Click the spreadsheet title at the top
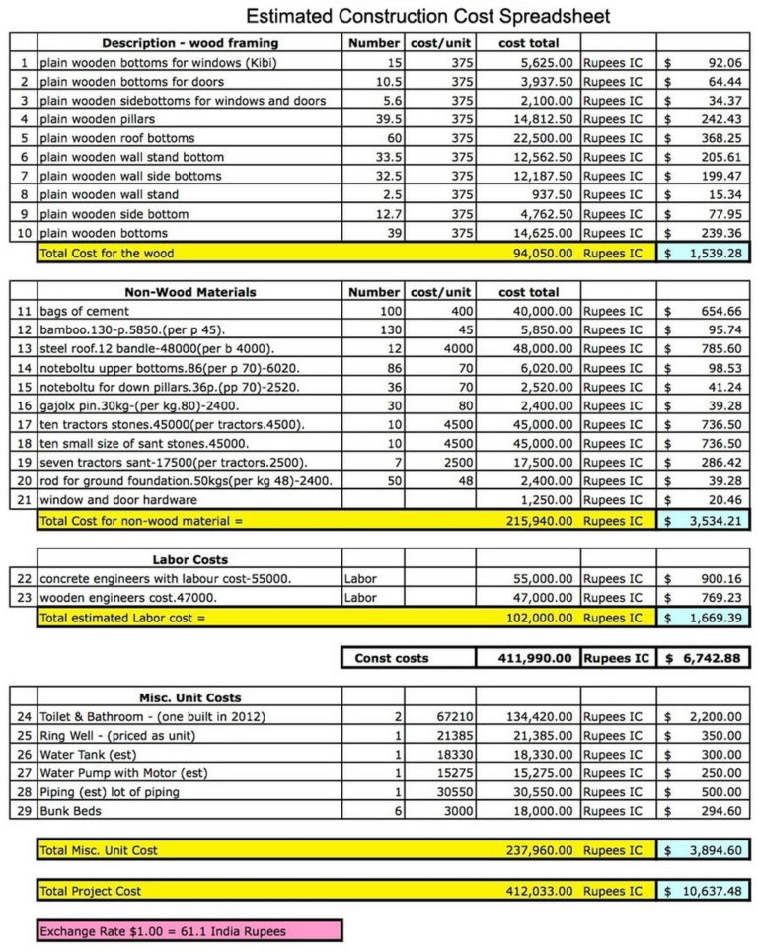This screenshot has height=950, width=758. (427, 16)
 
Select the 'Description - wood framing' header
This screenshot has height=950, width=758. (189, 43)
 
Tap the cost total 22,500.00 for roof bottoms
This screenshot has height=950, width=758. (536, 138)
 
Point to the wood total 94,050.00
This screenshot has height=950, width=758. (536, 254)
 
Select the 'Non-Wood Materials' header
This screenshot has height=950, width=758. (190, 292)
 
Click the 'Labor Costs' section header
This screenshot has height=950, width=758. (189, 559)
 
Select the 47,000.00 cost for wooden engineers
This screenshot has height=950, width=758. (536, 598)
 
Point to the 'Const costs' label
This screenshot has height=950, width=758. (392, 658)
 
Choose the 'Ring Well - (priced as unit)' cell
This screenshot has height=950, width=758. (117, 736)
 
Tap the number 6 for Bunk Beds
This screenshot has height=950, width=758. (398, 811)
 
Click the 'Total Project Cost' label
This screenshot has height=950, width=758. (90, 891)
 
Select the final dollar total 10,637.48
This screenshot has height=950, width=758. (704, 891)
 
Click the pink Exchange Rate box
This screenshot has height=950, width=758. (189, 930)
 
